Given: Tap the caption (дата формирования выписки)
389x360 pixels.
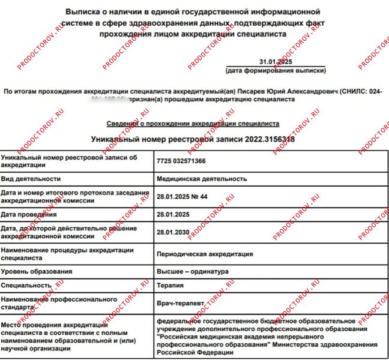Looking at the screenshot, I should tap(276, 71).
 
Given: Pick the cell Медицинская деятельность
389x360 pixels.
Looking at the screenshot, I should tap(201, 179).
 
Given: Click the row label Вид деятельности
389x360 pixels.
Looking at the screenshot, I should tap(30, 179).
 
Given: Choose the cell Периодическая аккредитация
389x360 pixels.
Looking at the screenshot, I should tap(204, 254).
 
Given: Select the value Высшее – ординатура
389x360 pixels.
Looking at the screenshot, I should tap(192, 271).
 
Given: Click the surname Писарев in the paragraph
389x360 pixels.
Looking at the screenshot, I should tap(251, 91).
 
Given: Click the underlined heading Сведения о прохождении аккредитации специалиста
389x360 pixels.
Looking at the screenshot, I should tap(193, 124).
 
